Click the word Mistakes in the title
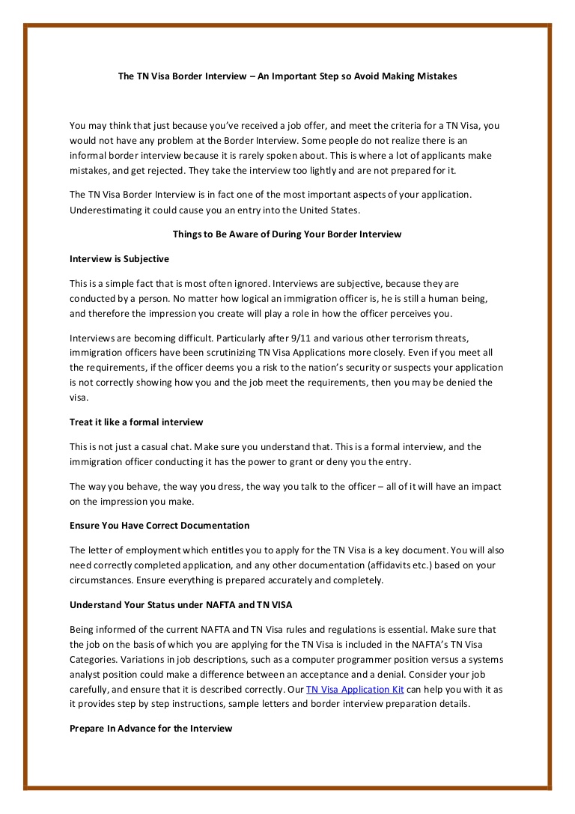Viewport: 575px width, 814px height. point(435,76)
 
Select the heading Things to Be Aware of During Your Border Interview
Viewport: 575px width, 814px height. point(287,234)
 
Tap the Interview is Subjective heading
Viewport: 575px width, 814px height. point(119,258)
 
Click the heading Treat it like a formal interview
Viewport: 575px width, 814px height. point(136,422)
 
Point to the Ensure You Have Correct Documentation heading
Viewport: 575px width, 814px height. point(159,525)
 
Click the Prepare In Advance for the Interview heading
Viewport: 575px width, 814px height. point(151,728)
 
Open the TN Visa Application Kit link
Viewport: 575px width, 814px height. point(355,689)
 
